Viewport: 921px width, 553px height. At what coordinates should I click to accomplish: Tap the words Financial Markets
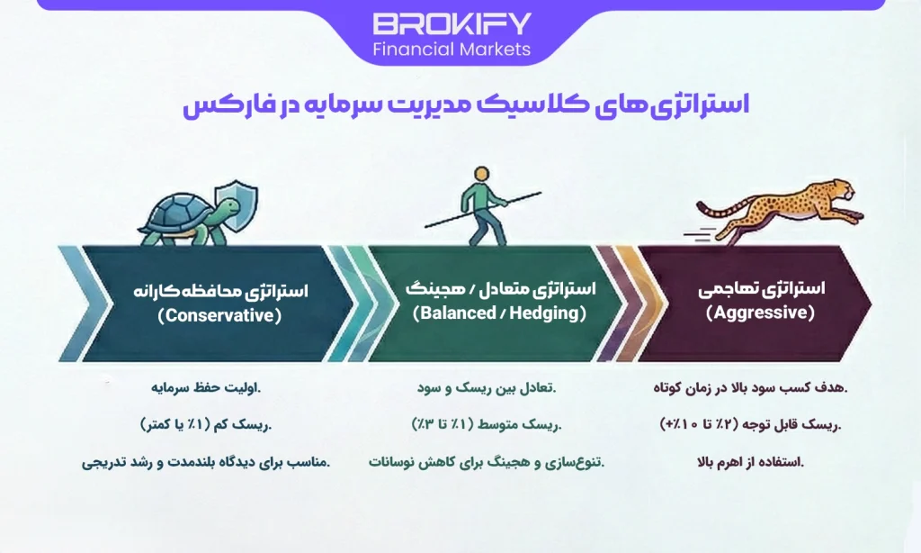point(452,49)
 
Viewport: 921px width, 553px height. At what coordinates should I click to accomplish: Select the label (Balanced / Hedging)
point(499,313)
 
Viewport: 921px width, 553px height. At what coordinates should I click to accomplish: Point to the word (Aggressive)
point(760,313)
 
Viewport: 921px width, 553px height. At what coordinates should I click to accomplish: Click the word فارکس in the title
point(221,105)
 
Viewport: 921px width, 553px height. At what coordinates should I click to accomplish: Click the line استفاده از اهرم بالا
point(750,463)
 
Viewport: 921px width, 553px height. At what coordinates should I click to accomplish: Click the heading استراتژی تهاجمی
point(761,290)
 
